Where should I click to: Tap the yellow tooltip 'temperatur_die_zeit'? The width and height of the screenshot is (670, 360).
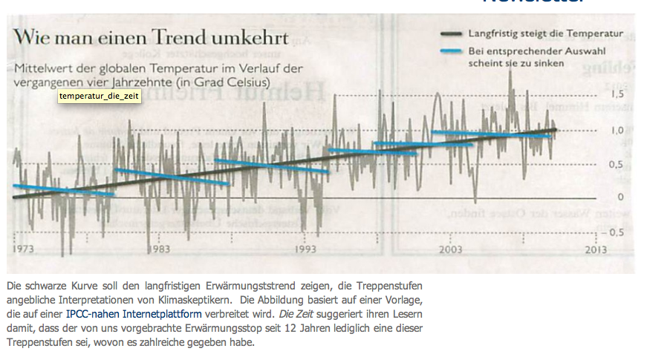[99, 97]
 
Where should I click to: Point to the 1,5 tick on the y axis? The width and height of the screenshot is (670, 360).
[616, 95]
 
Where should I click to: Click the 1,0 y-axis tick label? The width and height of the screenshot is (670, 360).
[616, 130]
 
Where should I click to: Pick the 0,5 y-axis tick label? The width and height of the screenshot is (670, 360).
[616, 164]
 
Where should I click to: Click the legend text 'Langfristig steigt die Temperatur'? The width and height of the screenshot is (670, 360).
[545, 33]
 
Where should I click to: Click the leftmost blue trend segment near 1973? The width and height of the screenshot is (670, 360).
[63, 189]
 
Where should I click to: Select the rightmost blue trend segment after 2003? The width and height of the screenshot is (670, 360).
[490, 134]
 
